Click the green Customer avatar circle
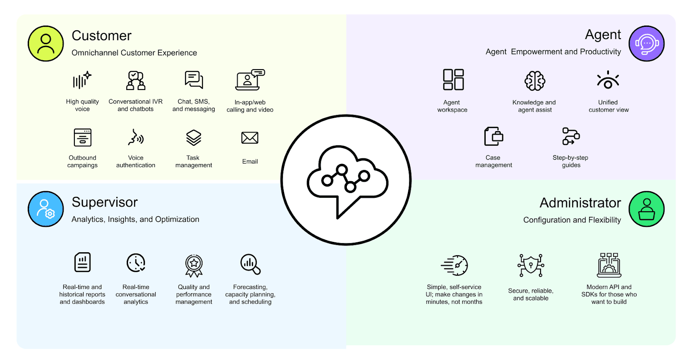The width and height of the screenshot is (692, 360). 45,44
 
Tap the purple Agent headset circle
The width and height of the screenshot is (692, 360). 646,44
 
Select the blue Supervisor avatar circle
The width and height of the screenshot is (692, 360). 45,209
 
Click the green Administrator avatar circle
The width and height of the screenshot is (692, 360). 646,209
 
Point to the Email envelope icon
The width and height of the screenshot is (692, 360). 250,138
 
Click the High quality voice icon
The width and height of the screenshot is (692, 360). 82,80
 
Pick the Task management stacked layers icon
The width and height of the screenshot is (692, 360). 194,138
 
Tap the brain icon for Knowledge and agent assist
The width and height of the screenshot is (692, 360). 535,80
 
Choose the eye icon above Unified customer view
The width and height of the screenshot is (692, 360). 608,80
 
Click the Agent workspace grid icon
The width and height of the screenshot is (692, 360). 453,80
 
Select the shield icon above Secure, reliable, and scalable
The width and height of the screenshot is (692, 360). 531,265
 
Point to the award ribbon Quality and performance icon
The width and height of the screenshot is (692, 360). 194,265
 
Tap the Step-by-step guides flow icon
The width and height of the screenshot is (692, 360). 571,136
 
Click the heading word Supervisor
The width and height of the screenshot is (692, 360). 105,202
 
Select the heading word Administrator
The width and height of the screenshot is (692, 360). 580,202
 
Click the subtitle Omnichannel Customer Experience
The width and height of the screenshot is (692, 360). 134,53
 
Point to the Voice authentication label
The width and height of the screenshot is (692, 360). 135,161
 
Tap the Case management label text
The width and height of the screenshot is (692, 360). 493,161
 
